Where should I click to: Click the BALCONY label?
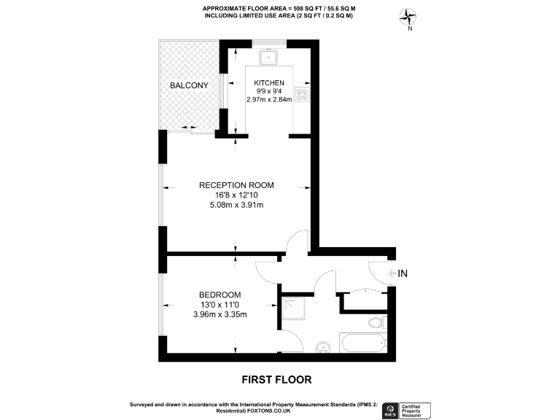pos(189,86)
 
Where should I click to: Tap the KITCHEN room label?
pos(268,83)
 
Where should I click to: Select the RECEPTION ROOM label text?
pos(236,185)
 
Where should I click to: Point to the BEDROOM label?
pos(221,295)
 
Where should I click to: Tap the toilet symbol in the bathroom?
pos(377,322)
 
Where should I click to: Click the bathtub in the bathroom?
pos(362,343)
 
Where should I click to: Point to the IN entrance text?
pos(402,273)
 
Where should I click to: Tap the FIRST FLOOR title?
pos(276,379)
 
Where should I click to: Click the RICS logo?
pos(392,410)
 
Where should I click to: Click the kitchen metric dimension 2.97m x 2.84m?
pos(269,100)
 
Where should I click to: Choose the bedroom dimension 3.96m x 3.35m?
pos(220,315)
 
